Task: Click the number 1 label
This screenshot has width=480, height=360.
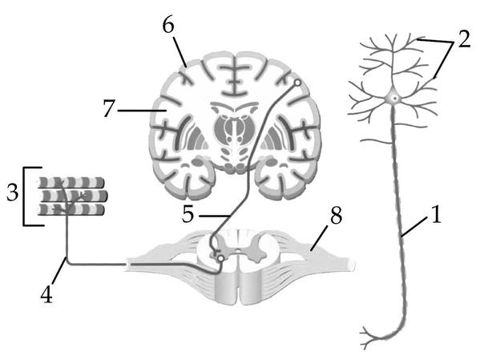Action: coord(437,214)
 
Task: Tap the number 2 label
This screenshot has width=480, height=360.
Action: coord(464,38)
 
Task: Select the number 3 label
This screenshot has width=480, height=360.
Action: coord(13,193)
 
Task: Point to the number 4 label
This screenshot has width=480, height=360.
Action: coord(46,295)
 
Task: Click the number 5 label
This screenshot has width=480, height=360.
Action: coord(188,213)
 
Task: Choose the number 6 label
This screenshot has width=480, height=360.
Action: coord(168,25)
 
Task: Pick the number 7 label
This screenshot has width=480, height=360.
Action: coord(109,109)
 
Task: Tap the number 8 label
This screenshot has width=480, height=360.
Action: coord(336,215)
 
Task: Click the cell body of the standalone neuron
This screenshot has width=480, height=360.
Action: coord(394,98)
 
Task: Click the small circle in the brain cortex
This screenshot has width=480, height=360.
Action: coord(297,83)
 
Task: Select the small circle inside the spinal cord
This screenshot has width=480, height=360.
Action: coord(220,259)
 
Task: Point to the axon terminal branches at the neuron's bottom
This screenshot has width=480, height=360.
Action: coord(372,338)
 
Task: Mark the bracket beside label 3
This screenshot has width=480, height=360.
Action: coord(24,196)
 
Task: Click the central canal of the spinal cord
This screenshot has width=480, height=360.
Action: coord(238,252)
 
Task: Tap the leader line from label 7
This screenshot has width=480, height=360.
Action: coord(139,110)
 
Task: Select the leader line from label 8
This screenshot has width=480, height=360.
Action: coord(319,238)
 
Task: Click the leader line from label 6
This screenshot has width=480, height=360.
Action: coord(180,51)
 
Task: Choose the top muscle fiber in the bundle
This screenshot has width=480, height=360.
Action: coord(71,182)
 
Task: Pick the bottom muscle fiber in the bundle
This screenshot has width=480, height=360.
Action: coord(71,209)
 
